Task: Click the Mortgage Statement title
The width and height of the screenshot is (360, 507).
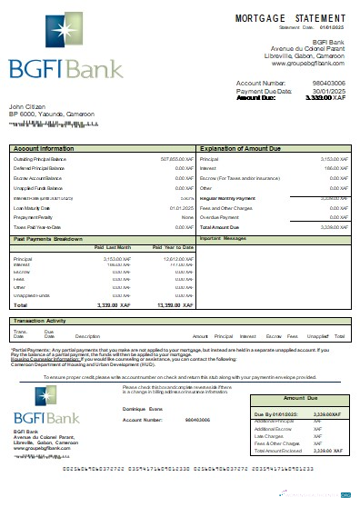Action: coord(289,17)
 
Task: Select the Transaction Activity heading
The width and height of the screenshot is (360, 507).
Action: coord(43,321)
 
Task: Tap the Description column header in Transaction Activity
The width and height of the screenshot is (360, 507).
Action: coord(87,336)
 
